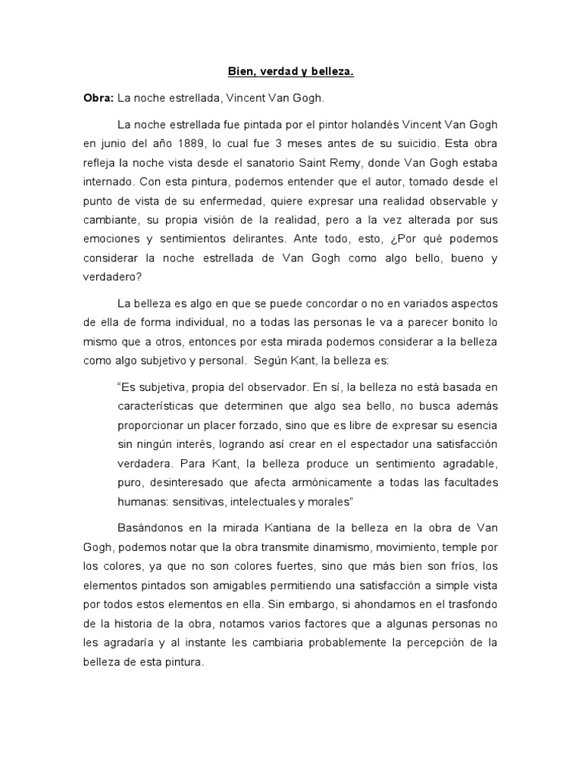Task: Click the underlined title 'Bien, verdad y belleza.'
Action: tap(291, 73)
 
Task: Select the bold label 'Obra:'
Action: tap(98, 99)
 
